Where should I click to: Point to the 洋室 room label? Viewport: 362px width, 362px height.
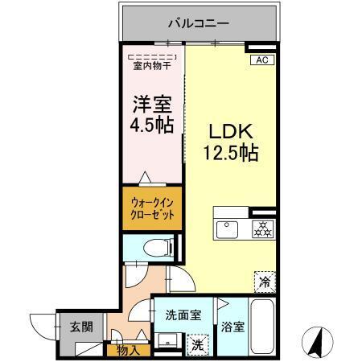pos(151,105)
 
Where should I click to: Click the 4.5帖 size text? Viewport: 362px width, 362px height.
pos(151,126)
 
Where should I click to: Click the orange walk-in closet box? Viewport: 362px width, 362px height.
pos(152,210)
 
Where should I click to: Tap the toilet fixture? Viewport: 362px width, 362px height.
pos(152,247)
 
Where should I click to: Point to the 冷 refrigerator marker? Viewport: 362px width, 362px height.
pos(264,282)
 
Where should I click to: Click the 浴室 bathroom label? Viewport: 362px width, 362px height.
pos(232,329)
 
